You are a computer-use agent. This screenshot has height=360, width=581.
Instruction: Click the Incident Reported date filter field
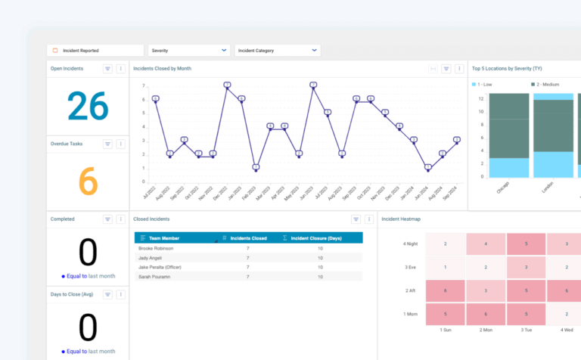pyautogui.click(x=95, y=51)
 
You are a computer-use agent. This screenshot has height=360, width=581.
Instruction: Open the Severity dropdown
pyautogui.click(x=188, y=51)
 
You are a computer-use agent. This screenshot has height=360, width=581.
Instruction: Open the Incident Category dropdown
pyautogui.click(x=277, y=51)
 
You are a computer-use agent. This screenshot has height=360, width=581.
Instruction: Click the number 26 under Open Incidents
pyautogui.click(x=88, y=107)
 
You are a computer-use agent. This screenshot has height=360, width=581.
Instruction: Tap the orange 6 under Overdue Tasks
pyautogui.click(x=88, y=182)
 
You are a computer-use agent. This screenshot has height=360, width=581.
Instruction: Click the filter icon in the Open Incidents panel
pyautogui.click(x=107, y=69)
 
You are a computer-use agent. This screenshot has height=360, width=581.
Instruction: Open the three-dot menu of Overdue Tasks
pyautogui.click(x=120, y=143)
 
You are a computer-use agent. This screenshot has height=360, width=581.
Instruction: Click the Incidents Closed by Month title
pyautogui.click(x=162, y=69)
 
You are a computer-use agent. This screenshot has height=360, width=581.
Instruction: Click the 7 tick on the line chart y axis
pyautogui.click(x=143, y=85)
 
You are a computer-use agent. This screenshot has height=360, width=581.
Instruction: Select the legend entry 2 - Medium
pyautogui.click(x=548, y=84)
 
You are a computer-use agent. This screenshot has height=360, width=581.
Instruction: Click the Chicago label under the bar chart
pyautogui.click(x=502, y=188)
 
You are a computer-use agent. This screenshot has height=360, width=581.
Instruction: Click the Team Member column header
pyautogui.click(x=164, y=238)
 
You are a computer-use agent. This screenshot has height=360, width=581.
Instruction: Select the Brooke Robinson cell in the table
pyautogui.click(x=157, y=248)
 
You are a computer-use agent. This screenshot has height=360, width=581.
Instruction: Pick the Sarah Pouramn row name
pyautogui.click(x=156, y=277)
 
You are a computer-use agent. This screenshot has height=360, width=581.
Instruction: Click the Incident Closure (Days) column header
pyautogui.click(x=316, y=238)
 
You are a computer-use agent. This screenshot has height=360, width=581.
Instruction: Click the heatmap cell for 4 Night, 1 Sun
pyautogui.click(x=445, y=244)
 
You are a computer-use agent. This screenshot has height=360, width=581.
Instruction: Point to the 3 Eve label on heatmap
pyautogui.click(x=411, y=268)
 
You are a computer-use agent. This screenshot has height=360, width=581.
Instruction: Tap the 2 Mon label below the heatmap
pyautogui.click(x=486, y=331)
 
